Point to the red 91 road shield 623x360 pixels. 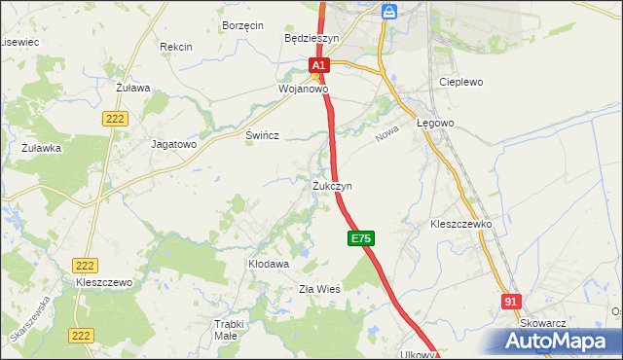(x=511, y=303)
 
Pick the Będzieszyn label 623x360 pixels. (x=311, y=38)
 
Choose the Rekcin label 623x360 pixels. (x=176, y=46)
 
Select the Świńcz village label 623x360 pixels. (x=263, y=136)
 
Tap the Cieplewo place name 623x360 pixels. (x=461, y=83)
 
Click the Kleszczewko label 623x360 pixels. (x=461, y=224)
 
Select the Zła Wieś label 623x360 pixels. (x=318, y=288)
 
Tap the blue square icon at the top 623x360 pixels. (x=389, y=12)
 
